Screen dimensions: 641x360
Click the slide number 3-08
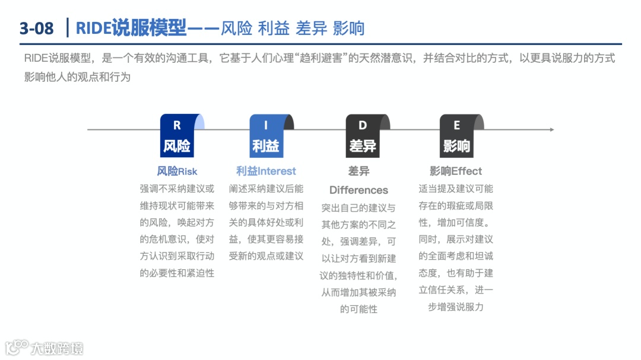pos(36,28)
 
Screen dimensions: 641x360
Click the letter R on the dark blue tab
pos(177,125)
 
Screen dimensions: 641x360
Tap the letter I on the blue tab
pos(266,125)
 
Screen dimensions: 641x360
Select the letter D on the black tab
pos(363,125)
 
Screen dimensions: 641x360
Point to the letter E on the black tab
pos(456,125)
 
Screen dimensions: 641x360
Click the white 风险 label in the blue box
pos(177,146)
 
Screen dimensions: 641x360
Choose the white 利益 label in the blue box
pos(266,146)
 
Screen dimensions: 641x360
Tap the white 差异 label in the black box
pos(363,146)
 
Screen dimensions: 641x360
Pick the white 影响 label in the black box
pos(456,146)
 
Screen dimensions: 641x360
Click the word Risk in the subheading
pos(188,171)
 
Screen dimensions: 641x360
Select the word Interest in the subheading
pos(277,171)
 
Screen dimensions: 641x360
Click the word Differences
pos(358,190)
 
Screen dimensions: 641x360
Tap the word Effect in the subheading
pos(467,171)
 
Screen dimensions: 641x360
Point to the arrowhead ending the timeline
pos(551,129)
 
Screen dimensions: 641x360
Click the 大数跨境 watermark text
pos(58,348)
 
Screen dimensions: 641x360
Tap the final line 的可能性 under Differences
pos(358,309)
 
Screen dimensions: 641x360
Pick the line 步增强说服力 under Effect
pos(456,307)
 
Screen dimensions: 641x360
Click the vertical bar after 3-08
pos(69,27)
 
